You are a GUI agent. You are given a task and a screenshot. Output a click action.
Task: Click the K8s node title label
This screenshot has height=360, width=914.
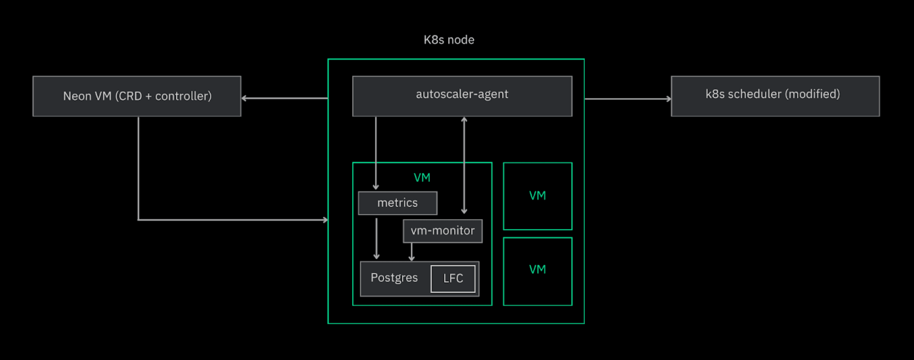(x=449, y=40)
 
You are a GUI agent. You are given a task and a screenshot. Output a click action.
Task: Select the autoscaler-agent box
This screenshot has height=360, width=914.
(x=462, y=96)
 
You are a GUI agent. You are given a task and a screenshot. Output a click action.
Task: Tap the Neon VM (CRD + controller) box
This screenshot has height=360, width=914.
(x=137, y=96)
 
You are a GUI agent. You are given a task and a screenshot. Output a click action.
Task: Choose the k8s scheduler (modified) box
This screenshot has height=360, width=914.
(x=775, y=96)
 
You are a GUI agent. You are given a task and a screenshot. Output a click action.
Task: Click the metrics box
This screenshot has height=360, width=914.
(x=398, y=203)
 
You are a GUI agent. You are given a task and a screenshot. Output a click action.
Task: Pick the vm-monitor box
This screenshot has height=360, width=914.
(x=442, y=231)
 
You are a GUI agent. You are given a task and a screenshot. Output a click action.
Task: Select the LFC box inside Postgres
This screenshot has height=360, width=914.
(x=453, y=278)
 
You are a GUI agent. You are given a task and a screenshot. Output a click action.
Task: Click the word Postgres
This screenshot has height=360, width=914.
(x=394, y=278)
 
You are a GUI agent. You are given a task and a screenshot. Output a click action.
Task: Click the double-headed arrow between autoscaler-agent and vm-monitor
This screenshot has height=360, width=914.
(x=464, y=165)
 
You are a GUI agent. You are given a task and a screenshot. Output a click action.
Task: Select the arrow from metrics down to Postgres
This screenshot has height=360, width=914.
(x=376, y=238)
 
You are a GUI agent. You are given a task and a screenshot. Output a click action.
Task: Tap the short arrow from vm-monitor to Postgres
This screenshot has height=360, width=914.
(x=412, y=252)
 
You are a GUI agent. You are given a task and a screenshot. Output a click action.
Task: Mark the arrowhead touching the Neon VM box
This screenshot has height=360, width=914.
(x=244, y=98)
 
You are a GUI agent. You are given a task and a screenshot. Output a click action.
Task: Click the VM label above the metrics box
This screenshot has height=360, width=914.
(x=422, y=178)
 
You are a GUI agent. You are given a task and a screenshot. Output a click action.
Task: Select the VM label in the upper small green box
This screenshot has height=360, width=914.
(x=537, y=196)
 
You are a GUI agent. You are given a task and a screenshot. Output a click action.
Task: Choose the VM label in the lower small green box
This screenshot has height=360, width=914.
(x=537, y=270)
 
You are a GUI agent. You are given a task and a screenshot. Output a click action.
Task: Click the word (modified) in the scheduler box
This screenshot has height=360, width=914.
(x=812, y=94)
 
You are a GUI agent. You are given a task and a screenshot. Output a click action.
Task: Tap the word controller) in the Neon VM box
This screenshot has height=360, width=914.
(x=183, y=96)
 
